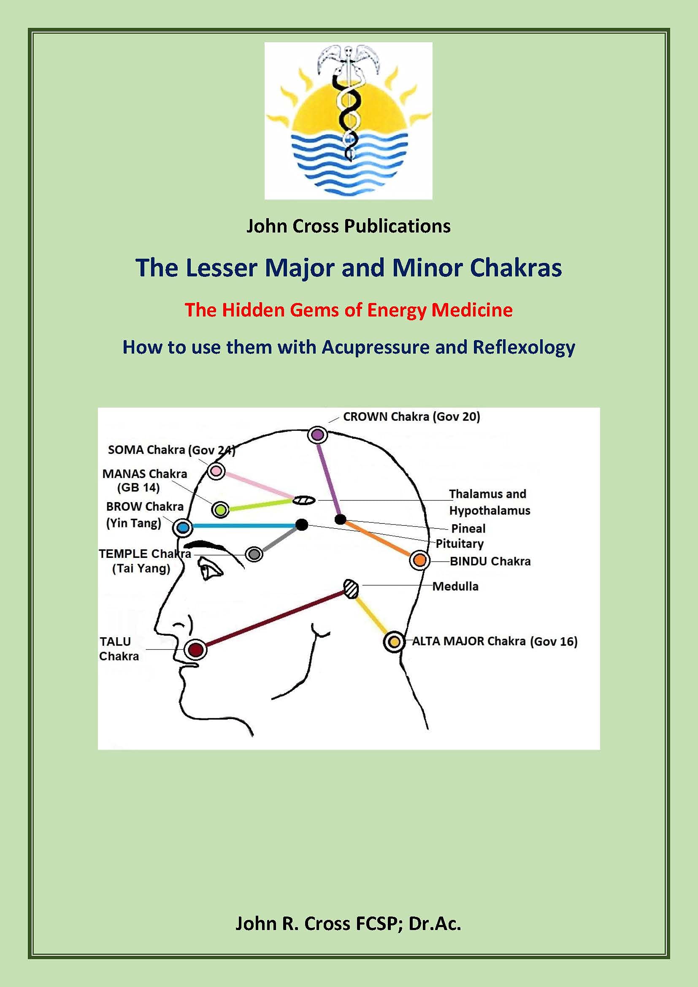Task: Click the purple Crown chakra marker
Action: tap(317, 435)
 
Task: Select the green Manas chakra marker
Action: tap(220, 510)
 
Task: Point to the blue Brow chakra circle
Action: tap(183, 527)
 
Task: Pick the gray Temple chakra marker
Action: tap(254, 554)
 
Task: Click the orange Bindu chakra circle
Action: tap(419, 560)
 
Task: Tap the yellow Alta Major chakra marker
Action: tap(394, 642)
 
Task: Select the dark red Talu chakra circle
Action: tap(196, 649)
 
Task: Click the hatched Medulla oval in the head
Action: tap(351, 589)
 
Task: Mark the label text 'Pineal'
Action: tap(468, 528)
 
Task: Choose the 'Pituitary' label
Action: tap(460, 544)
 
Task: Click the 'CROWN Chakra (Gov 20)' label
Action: tap(411, 416)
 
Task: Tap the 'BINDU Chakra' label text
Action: tap(490, 561)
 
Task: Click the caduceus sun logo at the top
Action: tap(348, 120)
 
